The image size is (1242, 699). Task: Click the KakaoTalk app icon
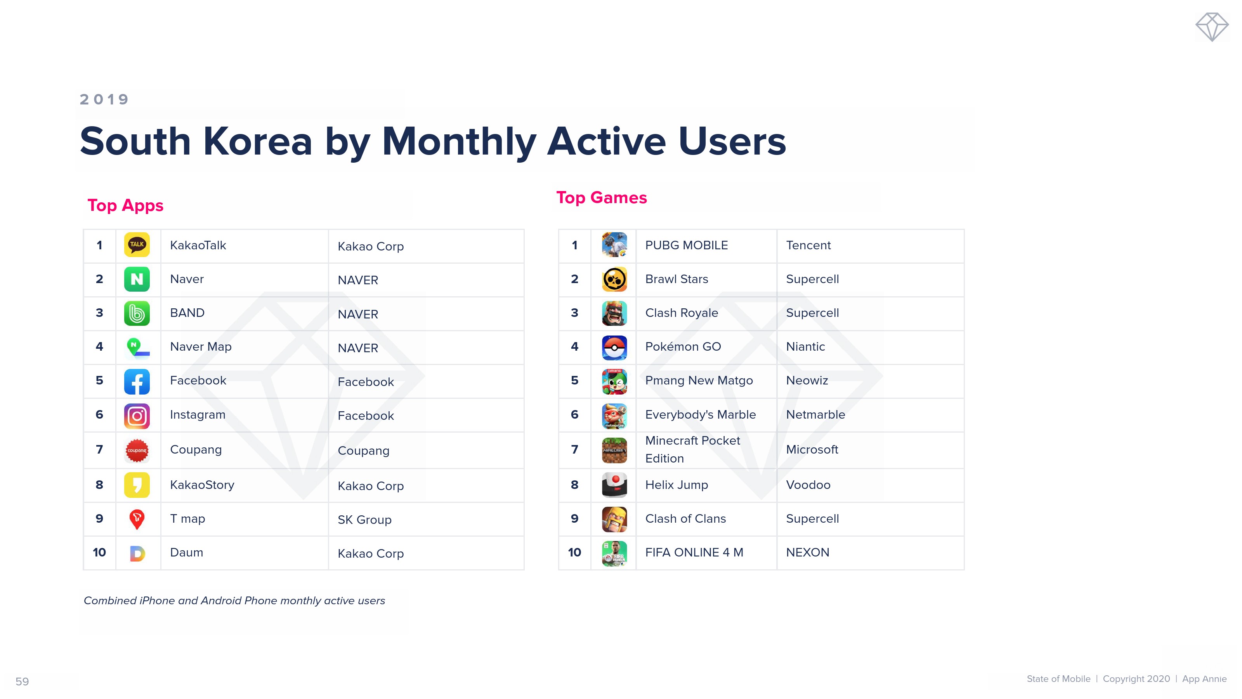[x=137, y=245]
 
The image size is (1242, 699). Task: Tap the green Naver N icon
[x=137, y=279]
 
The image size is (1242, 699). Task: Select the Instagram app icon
[x=137, y=416]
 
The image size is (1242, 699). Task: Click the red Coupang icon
[x=137, y=450]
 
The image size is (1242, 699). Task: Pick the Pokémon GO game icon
[x=614, y=347]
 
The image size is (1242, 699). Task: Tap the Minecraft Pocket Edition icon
[x=614, y=450]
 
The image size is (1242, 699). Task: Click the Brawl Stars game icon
[x=614, y=279]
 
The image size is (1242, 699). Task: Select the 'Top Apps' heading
[x=125, y=205]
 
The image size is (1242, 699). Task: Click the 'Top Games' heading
[x=601, y=197]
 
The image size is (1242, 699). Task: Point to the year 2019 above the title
[x=104, y=99]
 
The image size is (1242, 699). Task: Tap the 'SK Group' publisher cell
[x=364, y=520]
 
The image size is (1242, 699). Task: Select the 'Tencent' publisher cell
[x=808, y=245]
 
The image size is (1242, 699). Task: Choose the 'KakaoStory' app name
[x=202, y=485]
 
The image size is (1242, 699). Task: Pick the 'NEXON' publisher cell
[x=808, y=552]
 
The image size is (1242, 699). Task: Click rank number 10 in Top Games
[x=574, y=552]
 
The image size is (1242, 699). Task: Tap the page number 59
[x=22, y=682]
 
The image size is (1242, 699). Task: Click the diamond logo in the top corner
[x=1212, y=27]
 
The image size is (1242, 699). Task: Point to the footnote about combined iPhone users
[x=234, y=601]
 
